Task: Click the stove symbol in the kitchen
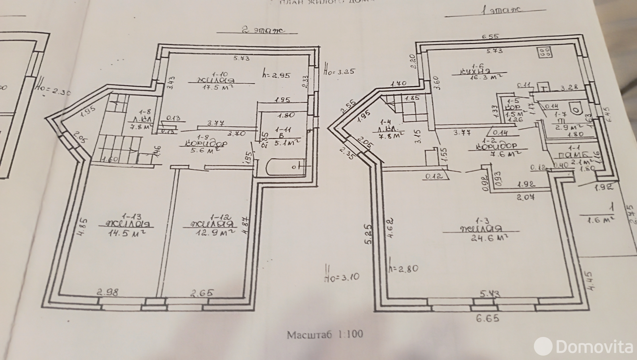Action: point(544,52)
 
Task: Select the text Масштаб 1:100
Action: point(325,334)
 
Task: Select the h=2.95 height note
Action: point(276,74)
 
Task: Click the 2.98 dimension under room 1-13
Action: point(107,293)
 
